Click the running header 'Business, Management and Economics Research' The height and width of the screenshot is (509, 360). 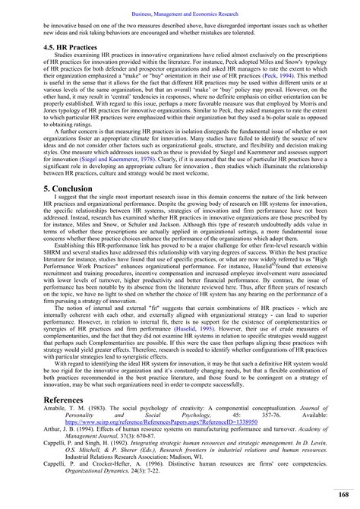180,7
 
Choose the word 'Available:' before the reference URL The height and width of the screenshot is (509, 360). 321,434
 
